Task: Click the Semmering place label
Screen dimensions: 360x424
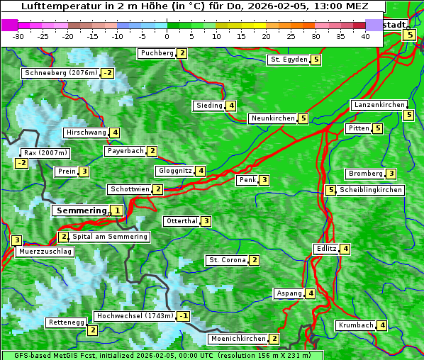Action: point(80,210)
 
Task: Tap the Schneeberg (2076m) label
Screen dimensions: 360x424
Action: point(60,73)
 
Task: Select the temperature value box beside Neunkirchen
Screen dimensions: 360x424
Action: point(303,118)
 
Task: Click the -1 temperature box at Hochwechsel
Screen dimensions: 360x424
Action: point(184,316)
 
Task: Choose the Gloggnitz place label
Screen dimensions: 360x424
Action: point(174,171)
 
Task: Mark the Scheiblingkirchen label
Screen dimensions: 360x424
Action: point(371,190)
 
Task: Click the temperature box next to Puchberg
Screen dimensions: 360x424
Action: point(182,53)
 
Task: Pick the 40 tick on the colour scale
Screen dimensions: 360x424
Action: point(365,36)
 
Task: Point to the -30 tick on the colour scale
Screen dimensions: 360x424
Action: point(18,36)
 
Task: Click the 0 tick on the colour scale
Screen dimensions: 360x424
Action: point(167,36)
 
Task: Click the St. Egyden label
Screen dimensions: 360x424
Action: point(288,60)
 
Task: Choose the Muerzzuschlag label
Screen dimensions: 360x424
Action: point(45,252)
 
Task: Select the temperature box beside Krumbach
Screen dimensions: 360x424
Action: point(382,325)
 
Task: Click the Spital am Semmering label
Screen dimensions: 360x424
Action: point(110,237)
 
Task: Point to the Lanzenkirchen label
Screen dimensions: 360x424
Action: point(379,105)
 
